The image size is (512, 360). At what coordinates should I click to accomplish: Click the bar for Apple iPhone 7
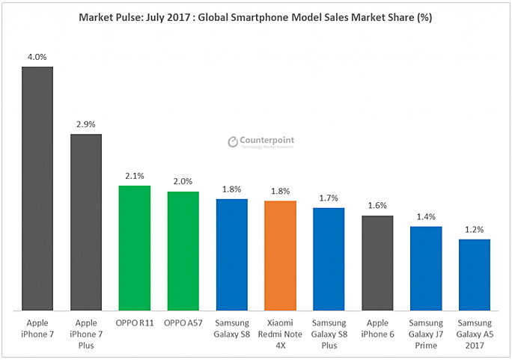point(37,188)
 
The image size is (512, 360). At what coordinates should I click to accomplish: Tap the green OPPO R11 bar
point(134,247)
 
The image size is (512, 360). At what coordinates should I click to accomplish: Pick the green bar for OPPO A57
point(183,250)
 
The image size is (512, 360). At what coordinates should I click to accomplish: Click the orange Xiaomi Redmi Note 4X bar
point(280,254)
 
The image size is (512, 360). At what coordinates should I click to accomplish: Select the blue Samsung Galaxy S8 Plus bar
point(329,258)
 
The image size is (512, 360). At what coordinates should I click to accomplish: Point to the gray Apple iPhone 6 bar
point(377,262)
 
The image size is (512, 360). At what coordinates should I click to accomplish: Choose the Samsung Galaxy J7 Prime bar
point(426,267)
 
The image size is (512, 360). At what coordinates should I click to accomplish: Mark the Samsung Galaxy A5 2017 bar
point(475,274)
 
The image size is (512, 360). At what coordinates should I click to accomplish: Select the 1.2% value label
point(475,228)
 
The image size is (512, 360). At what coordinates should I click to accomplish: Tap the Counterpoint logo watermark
point(261,141)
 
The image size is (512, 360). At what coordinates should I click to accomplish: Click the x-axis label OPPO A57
point(183,323)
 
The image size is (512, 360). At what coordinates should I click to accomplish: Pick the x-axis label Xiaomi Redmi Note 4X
point(280,333)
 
